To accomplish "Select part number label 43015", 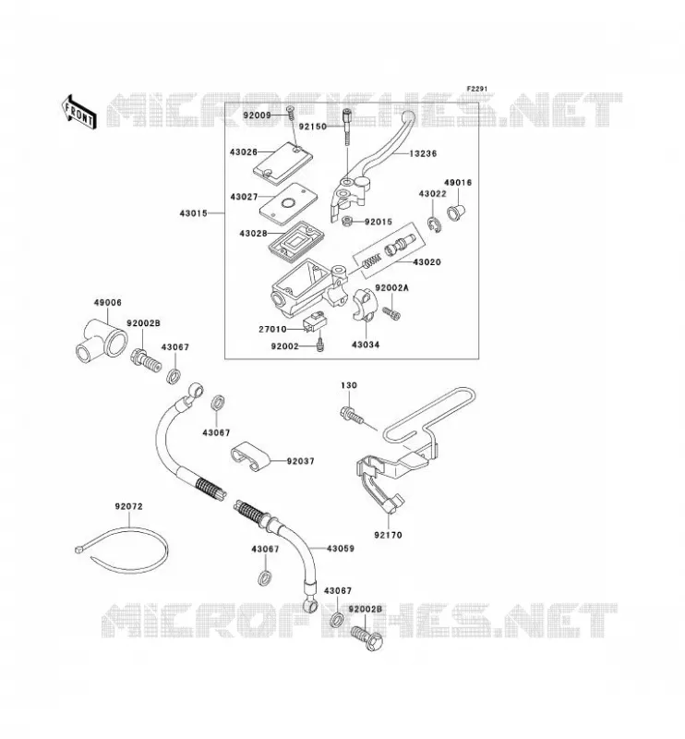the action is coord(193,213).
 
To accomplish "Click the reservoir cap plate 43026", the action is coord(282,161).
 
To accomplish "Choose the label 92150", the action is coord(312,127).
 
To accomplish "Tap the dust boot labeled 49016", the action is coord(454,212).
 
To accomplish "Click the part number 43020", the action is coord(427,262).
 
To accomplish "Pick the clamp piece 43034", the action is coord(364,306).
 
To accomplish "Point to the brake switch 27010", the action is coord(312,322).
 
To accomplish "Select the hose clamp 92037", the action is coord(250,456).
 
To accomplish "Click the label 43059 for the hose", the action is coord(340,549).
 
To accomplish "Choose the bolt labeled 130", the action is coord(351,415).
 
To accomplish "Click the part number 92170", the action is coord(389,535).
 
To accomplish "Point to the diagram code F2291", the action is coord(477,89).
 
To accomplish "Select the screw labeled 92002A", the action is coord(391,312).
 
